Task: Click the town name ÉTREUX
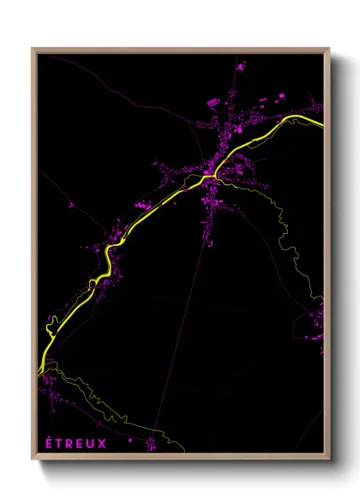click(x=76, y=443)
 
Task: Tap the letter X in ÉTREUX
click(x=103, y=443)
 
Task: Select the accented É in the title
click(x=48, y=442)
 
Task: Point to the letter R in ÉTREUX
click(x=69, y=443)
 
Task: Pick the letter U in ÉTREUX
click(x=92, y=443)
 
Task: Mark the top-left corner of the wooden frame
click(x=33, y=48)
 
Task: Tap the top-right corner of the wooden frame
click(x=329, y=48)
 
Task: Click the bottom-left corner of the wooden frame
click(x=33, y=460)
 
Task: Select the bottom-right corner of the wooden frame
click(x=329, y=460)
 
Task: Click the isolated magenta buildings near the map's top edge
click(x=241, y=65)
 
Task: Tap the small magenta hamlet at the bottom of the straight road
click(x=151, y=443)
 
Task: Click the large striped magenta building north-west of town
click(x=213, y=104)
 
